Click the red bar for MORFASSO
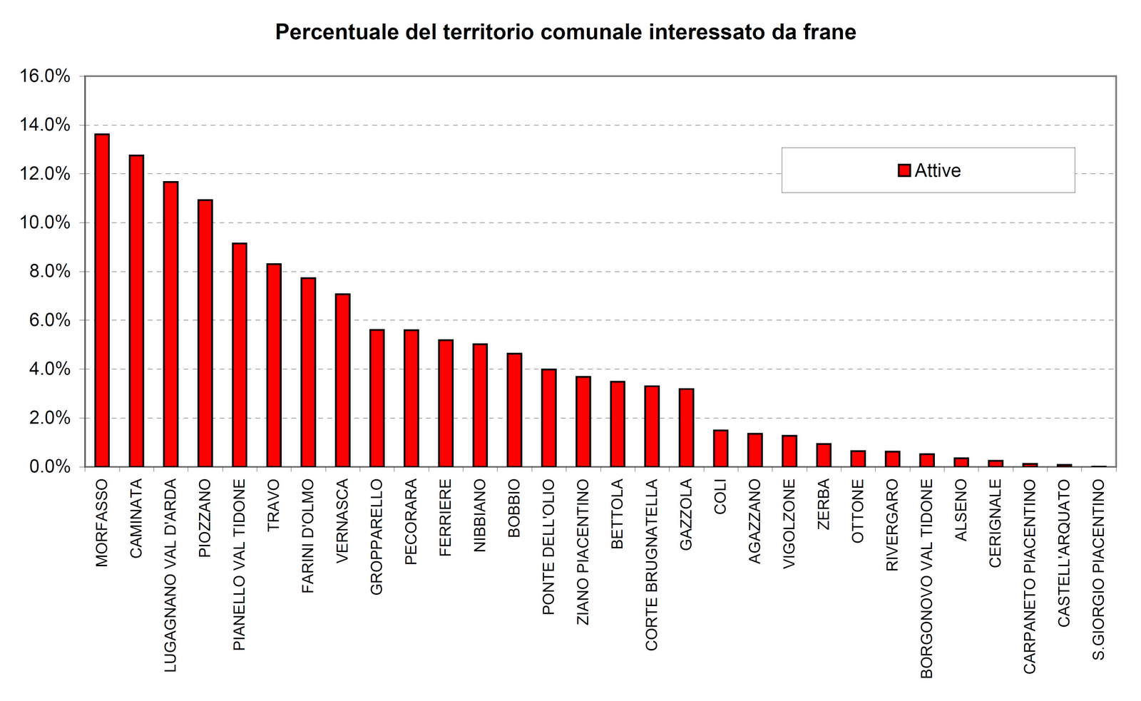tap(102, 300)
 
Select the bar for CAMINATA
tap(136, 311)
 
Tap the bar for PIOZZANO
tap(205, 333)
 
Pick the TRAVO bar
tap(274, 365)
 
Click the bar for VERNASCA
tap(342, 380)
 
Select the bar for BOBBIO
tap(514, 410)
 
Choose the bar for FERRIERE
tap(446, 404)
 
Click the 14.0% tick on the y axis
tap(44, 126)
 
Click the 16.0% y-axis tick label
tap(44, 76)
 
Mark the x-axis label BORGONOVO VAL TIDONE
tap(926, 578)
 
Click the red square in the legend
tap(904, 170)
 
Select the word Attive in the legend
tap(938, 171)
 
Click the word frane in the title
tap(829, 32)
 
